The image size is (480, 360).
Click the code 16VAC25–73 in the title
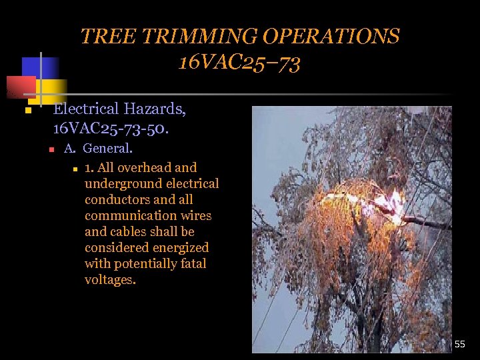click(x=239, y=63)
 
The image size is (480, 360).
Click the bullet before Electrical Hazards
click(x=28, y=110)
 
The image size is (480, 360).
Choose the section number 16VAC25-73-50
click(x=111, y=126)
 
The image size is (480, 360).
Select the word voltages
click(x=110, y=280)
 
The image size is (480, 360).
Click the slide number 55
click(x=460, y=345)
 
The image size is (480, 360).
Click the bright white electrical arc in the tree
click(x=393, y=202)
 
